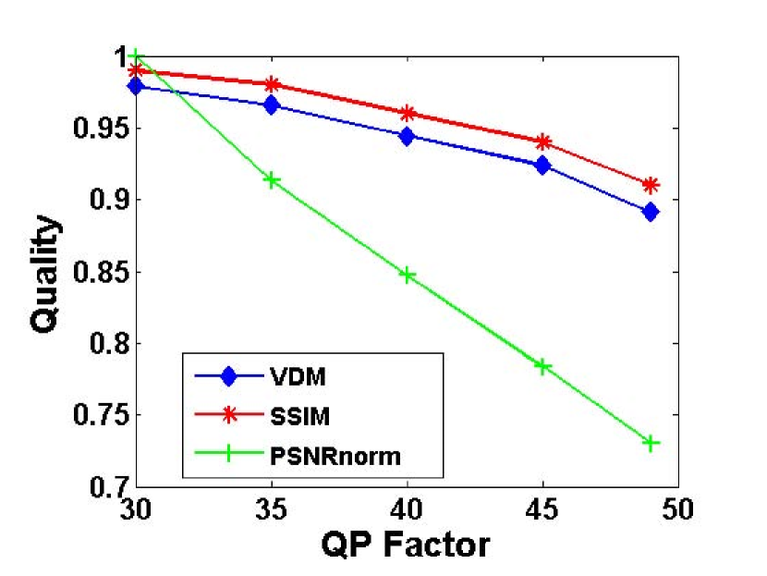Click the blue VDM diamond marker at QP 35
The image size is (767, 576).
point(272,105)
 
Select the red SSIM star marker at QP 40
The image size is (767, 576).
point(407,113)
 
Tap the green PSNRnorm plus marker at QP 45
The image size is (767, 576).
point(542,366)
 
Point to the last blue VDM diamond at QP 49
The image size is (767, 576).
point(651,212)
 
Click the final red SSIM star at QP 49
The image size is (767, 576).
point(651,185)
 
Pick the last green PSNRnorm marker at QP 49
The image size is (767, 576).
point(651,443)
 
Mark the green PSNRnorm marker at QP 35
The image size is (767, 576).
point(272,179)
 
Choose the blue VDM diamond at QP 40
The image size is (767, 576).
point(407,136)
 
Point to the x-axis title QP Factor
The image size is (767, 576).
point(405,544)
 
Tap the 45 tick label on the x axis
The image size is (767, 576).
point(542,507)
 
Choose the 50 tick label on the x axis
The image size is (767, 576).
point(677,507)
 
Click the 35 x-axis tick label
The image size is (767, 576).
point(272,507)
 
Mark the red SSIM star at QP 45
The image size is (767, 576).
point(542,142)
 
